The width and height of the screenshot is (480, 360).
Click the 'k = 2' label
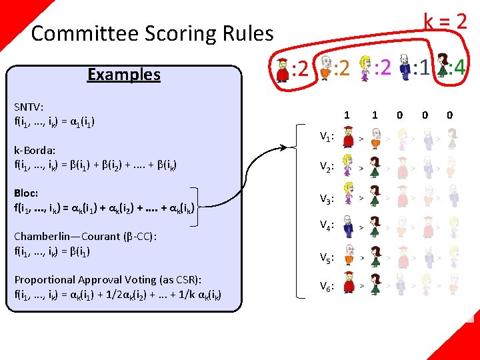445,21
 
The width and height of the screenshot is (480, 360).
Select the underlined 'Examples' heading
124,74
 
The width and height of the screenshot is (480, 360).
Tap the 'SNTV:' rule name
29,107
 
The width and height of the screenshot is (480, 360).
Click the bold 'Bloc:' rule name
26,193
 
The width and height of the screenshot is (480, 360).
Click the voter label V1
326,137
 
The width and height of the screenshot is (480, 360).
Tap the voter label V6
326,287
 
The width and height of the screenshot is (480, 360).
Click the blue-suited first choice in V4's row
347,229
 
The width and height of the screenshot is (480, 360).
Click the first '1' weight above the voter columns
347,115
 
